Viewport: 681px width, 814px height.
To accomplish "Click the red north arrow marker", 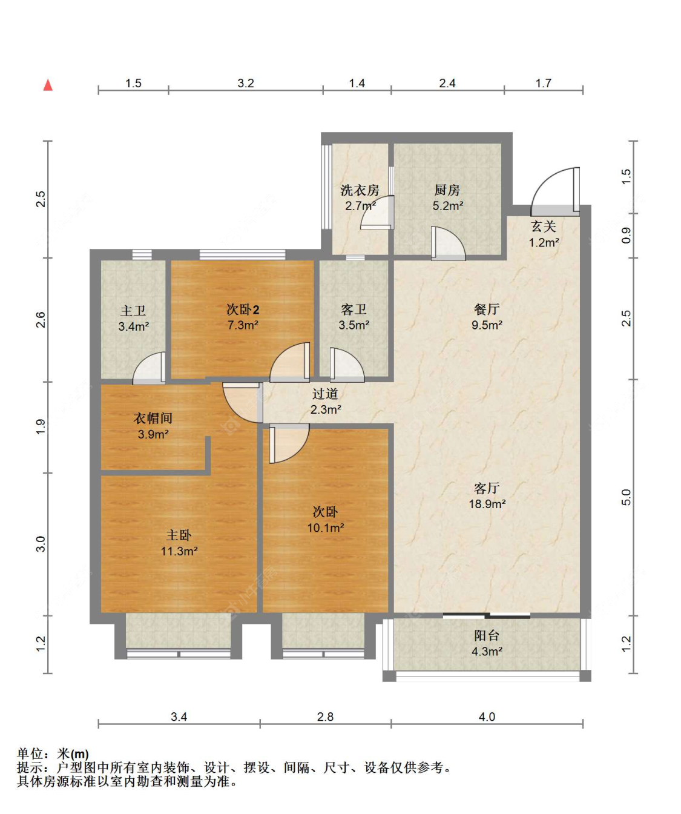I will pos(48,85).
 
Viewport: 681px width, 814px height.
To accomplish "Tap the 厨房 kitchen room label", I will pos(447,190).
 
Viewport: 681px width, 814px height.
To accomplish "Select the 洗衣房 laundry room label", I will pos(360,190).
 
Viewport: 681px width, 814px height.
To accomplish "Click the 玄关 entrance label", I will pos(544,227).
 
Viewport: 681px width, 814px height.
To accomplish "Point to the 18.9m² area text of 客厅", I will pos(487,504).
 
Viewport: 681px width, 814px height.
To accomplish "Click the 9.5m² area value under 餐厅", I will pos(487,325).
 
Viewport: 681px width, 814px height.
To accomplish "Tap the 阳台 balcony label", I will pos(487,635).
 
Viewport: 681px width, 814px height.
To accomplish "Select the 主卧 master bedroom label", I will pos(179,535).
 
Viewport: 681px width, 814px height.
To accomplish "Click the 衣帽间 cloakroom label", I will pos(153,419).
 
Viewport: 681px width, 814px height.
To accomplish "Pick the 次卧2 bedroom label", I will pos(243,309).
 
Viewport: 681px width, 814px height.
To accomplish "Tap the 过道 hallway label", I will pos(326,394).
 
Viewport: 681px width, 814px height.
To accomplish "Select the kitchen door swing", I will pos(447,243).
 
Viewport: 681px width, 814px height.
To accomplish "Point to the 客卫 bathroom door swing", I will pos(346,365).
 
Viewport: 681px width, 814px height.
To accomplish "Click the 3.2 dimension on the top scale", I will pos(246,83).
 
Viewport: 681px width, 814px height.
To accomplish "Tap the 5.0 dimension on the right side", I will pos(626,497).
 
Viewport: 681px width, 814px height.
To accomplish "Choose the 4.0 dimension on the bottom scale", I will pos(487,716).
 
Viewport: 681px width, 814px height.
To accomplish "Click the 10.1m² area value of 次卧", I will pos(326,528).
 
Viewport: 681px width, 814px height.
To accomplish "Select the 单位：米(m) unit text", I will pos(53,753).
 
